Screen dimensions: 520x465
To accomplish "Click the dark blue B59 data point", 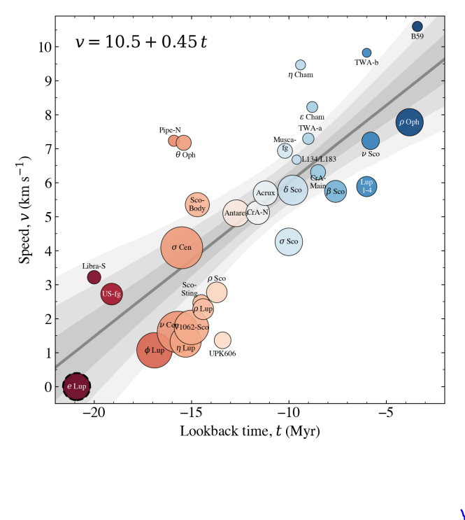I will coord(417,27).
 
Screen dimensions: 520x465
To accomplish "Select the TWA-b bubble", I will coord(366,52).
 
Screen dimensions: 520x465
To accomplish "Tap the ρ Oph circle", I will coord(409,122).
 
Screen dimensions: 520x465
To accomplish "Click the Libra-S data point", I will coord(94,277).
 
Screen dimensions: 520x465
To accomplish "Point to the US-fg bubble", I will coord(112,294).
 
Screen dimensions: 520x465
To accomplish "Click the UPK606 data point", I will coord(222,340).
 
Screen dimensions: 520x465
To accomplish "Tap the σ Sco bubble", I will coord(289,241).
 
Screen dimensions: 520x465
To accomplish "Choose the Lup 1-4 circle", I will coord(367,186).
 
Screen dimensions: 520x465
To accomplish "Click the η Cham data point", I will coord(301,65).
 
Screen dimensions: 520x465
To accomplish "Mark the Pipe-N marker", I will coord(174,141).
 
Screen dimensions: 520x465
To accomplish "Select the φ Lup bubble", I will coord(155,350).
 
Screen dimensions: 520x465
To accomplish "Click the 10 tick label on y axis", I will coord(44,47).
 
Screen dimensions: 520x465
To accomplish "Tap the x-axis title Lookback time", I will coord(250,431).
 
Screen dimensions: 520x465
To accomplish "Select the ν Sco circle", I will coord(371,141).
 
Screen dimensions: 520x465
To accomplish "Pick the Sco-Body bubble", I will coord(197,204).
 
